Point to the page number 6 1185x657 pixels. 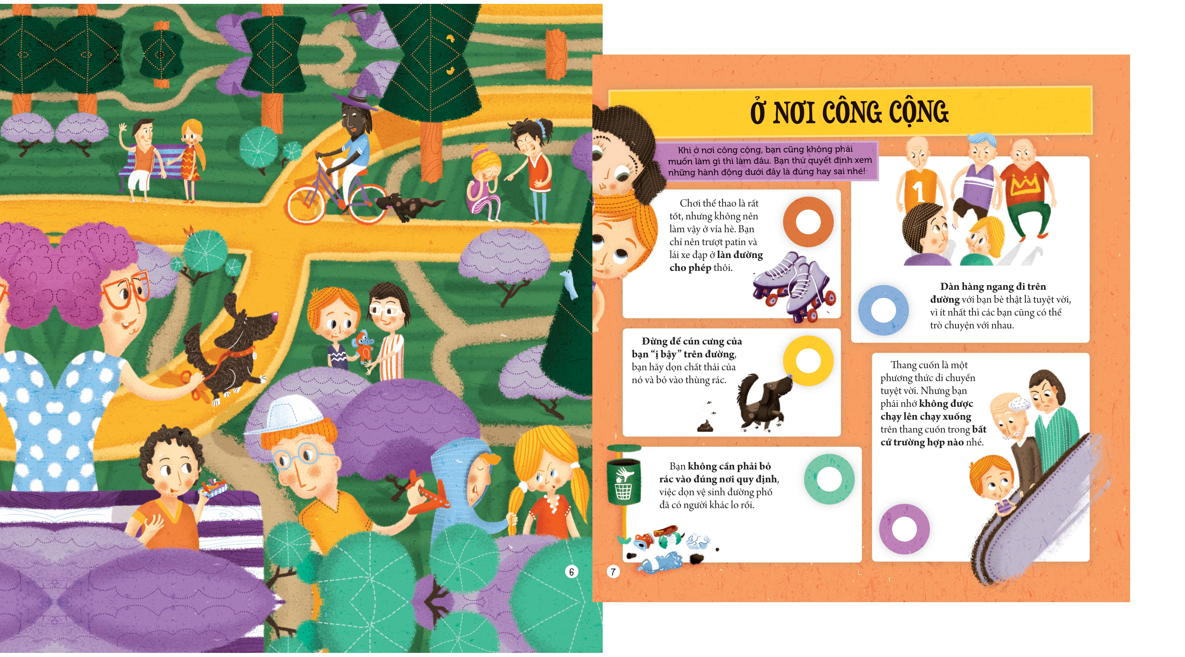coord(571,572)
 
